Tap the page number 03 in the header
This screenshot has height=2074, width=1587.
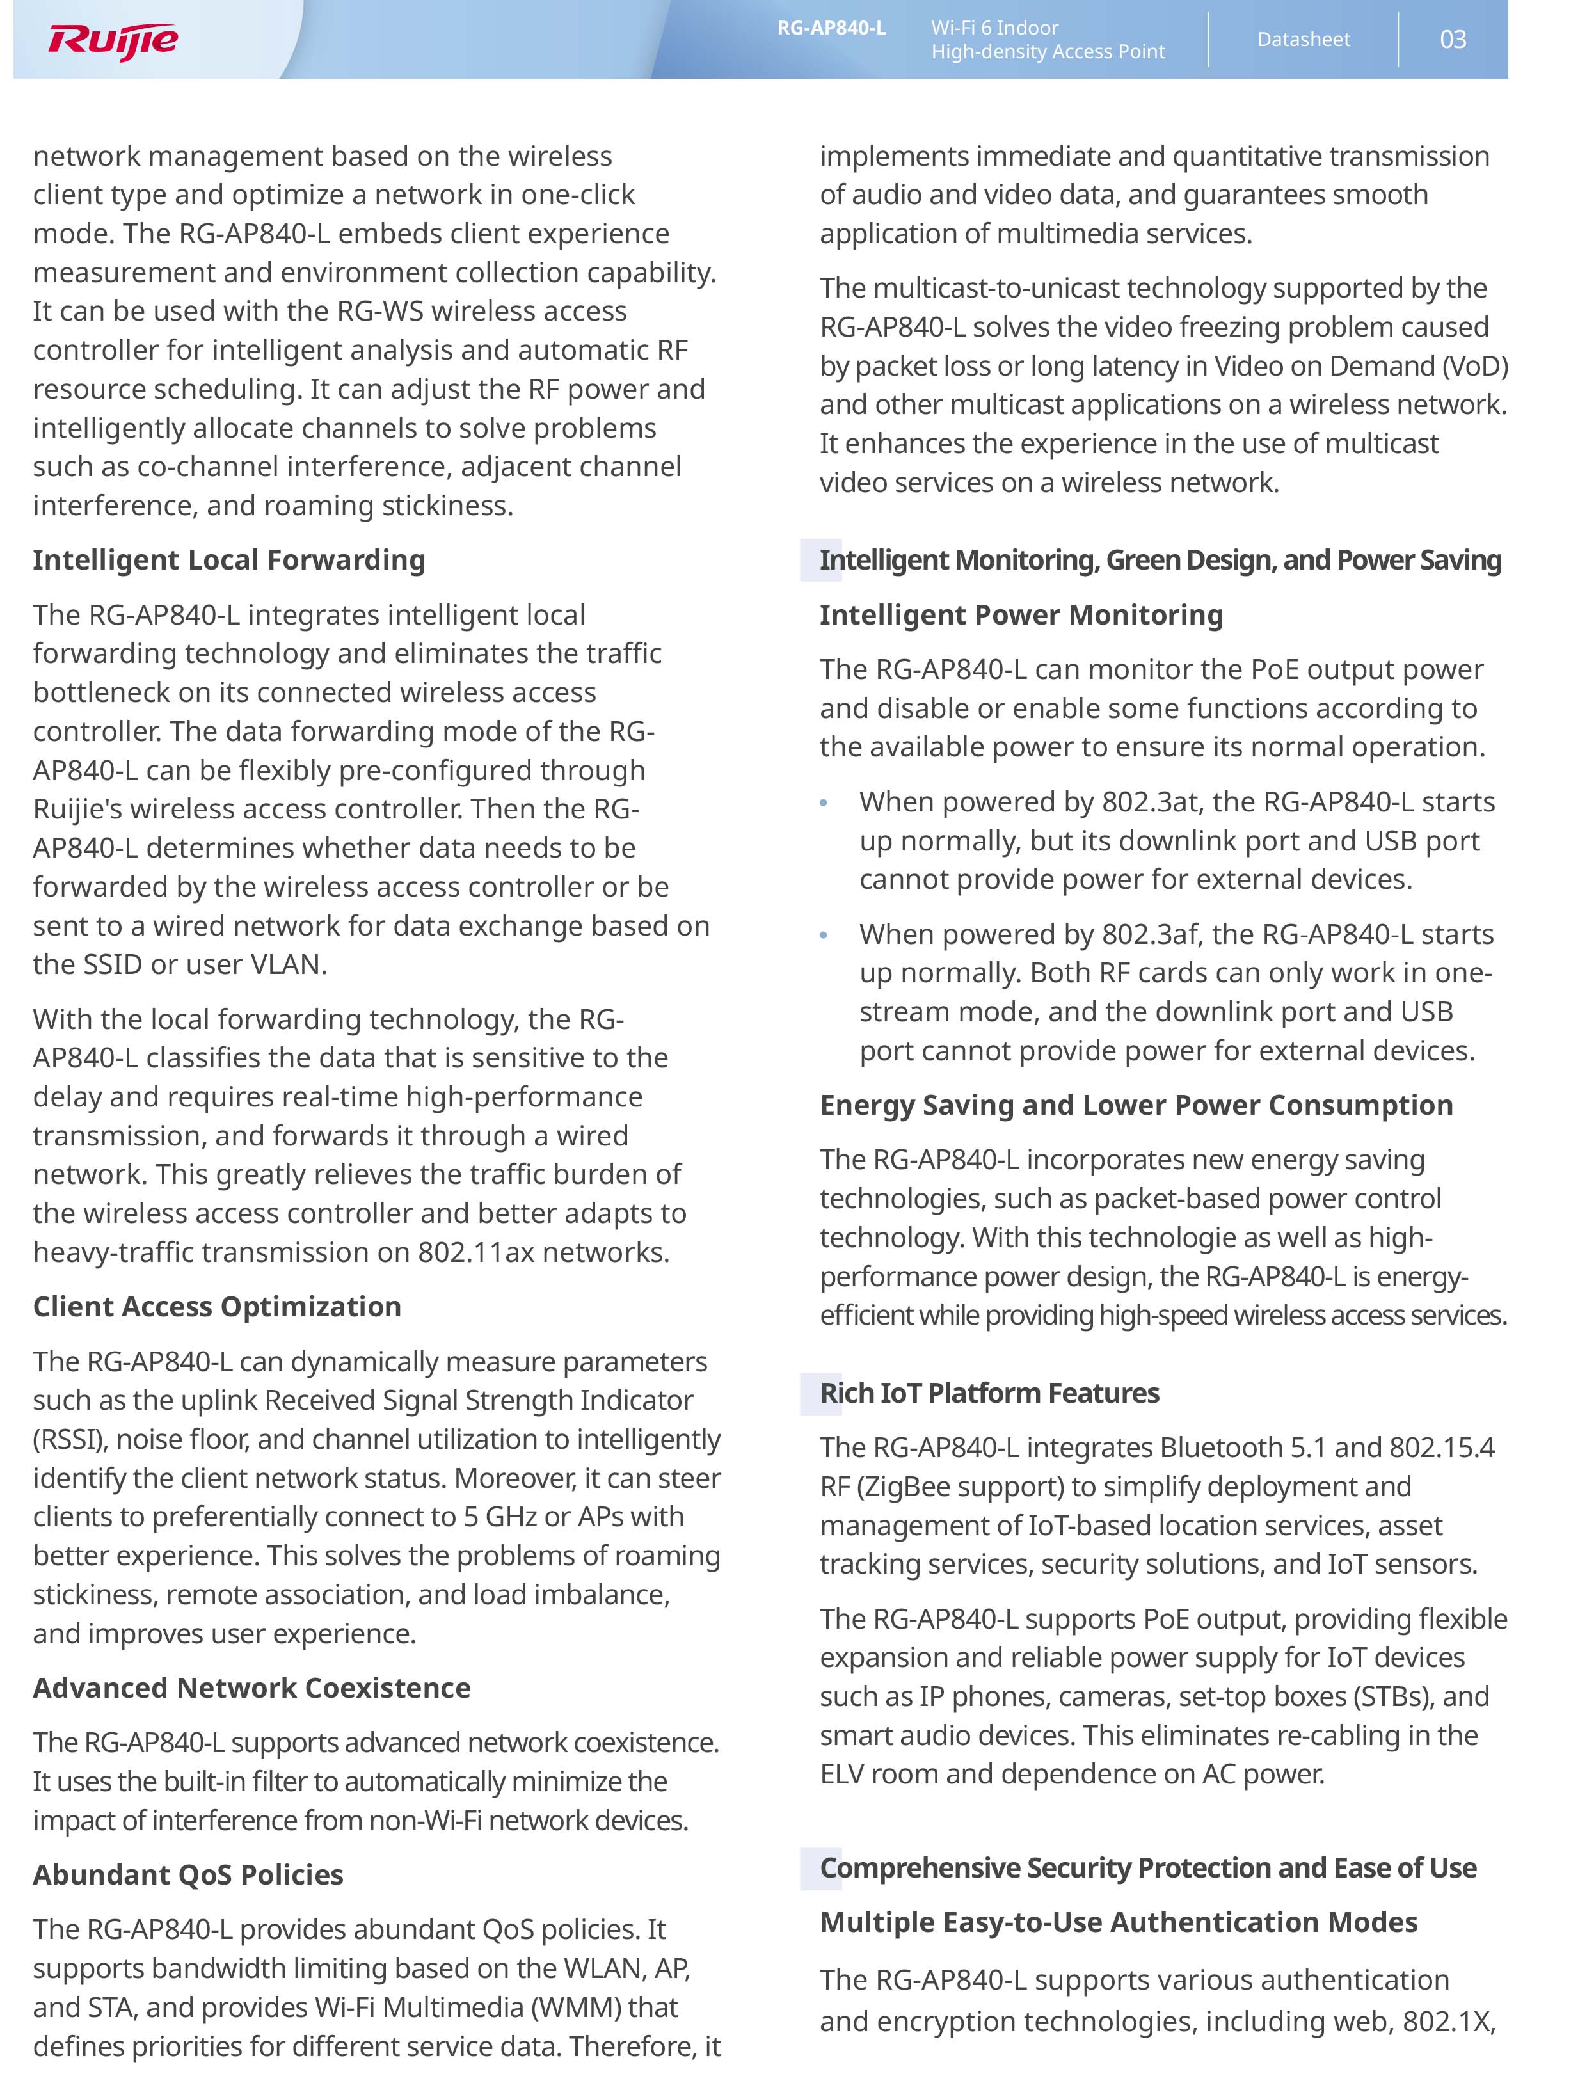pos(1452,40)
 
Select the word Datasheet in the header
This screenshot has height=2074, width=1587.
pos(1303,40)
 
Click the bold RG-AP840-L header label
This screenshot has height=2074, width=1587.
pos(831,28)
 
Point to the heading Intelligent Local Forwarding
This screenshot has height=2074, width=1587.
pos(228,560)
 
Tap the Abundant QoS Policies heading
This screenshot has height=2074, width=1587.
pos(188,1875)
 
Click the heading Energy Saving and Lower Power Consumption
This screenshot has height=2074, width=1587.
pos(1135,1105)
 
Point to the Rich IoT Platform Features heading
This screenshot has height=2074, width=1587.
pos(989,1393)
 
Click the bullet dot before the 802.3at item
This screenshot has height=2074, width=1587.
pos(824,802)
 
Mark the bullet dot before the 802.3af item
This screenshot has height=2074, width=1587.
pos(824,935)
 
